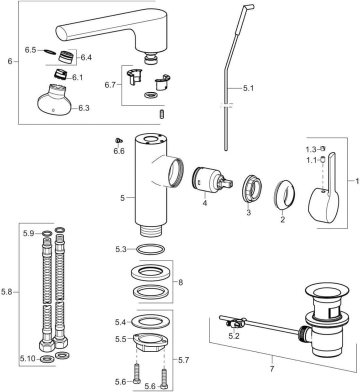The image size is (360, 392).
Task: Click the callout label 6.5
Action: pos(30,49)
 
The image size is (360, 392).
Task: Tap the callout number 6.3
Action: pos(83,107)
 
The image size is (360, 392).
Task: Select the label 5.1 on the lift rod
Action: pos(248,88)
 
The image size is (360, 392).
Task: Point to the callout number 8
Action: pos(180,282)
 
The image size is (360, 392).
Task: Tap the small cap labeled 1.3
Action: pos(323,148)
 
